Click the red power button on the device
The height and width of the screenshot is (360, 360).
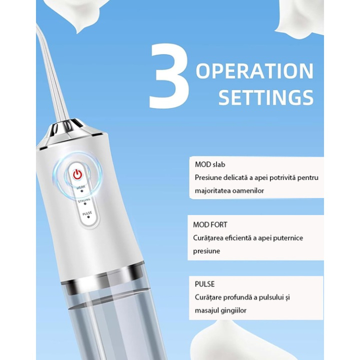(x=77, y=174)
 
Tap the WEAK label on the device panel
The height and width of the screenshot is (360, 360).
(x=81, y=188)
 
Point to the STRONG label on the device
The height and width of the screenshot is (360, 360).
(x=84, y=200)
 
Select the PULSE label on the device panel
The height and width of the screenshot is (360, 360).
(x=87, y=212)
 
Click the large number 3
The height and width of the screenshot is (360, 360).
(x=169, y=77)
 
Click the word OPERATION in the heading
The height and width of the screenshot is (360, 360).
(x=255, y=71)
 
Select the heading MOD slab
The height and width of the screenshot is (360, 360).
(x=210, y=165)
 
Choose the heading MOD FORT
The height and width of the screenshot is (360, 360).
(x=210, y=225)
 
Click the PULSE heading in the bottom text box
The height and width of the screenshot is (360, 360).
(x=205, y=284)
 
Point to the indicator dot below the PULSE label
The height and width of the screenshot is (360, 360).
(x=88, y=217)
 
